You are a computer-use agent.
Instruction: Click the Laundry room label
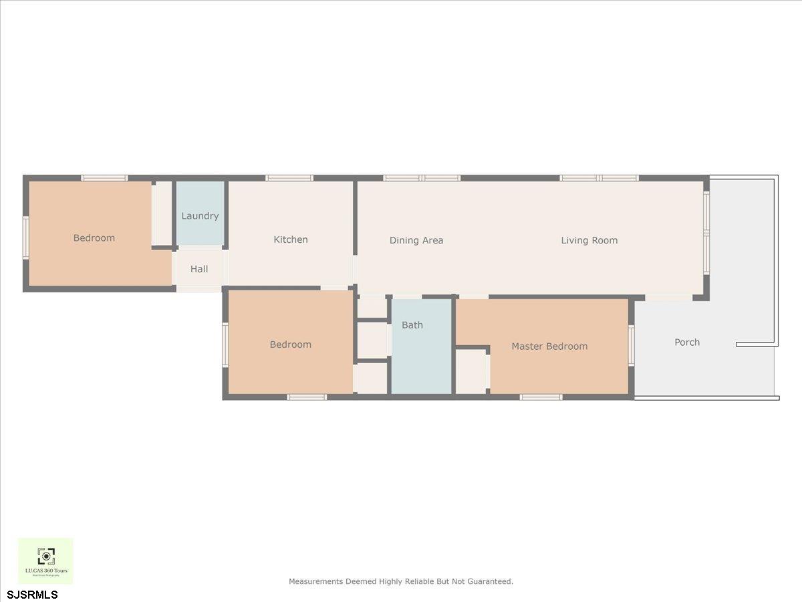(200, 216)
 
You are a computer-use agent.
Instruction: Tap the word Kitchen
(291, 239)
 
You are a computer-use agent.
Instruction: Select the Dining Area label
(416, 240)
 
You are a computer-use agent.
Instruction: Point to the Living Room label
(589, 240)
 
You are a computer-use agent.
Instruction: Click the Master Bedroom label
(549, 346)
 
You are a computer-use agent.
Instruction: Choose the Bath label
(412, 325)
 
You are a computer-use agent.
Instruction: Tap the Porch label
(686, 342)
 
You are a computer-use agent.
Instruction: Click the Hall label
(199, 269)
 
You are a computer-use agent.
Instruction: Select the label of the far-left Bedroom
(94, 237)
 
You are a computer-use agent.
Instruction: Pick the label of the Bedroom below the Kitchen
(291, 344)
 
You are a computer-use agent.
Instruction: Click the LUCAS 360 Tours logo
(45, 561)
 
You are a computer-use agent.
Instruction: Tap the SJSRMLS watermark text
(32, 594)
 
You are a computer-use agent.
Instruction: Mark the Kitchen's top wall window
(289, 178)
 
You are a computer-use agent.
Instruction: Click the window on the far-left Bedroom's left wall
(26, 237)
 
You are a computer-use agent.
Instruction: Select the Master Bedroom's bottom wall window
(541, 397)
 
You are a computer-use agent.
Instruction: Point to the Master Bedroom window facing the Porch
(631, 345)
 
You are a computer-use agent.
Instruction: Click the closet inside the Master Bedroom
(472, 372)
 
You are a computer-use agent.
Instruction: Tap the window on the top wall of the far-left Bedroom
(104, 178)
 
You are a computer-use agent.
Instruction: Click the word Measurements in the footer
(315, 581)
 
